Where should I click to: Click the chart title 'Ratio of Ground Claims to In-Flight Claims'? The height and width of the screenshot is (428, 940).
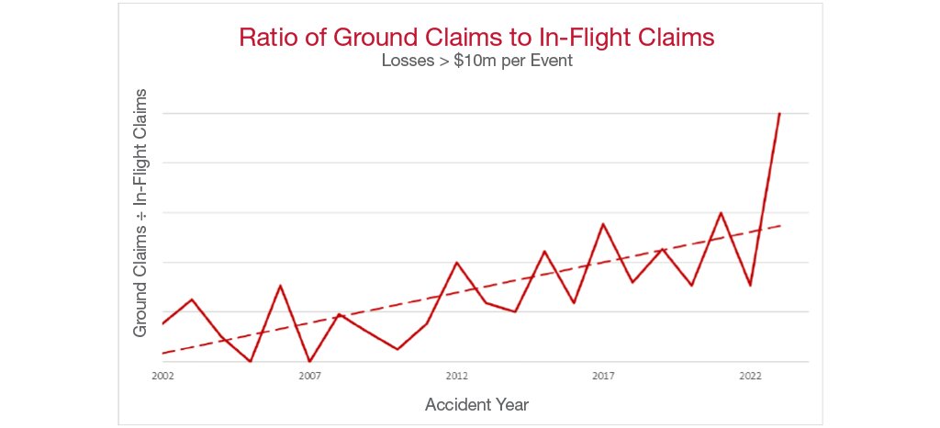point(476,38)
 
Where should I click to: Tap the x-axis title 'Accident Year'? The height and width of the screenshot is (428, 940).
point(476,404)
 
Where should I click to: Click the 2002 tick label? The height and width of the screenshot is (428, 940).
point(162,376)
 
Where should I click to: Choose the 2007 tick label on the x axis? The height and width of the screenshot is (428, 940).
point(309,376)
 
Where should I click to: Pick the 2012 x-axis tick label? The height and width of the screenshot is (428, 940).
point(456,376)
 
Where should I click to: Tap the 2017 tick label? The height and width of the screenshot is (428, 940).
point(603,376)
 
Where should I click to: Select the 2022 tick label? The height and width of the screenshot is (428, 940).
point(750,376)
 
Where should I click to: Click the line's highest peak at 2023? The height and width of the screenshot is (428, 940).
point(779,113)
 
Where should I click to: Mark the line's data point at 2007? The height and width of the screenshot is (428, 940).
point(309,361)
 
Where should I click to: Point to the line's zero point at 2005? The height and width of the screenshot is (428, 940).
point(251,361)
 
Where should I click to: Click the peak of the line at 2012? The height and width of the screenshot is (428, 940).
point(456,263)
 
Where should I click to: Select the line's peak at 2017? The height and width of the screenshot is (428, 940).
point(603,223)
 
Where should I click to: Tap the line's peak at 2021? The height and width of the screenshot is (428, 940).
point(721,213)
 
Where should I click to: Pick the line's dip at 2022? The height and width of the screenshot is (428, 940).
point(750,286)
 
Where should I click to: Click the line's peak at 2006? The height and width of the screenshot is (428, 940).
point(280,286)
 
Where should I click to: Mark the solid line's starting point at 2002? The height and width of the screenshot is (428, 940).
point(162,323)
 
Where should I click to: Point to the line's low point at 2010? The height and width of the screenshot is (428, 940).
point(397,349)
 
